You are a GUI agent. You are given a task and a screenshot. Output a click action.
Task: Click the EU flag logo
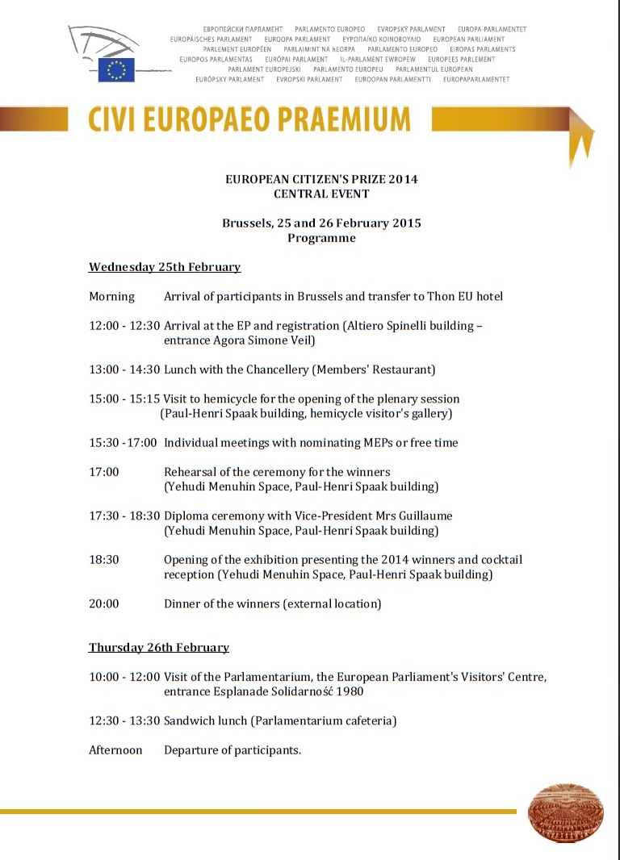pyautogui.click(x=116, y=70)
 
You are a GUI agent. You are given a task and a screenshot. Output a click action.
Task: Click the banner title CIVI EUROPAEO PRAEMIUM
pyautogui.click(x=249, y=120)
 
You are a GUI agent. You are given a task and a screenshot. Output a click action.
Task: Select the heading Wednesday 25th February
pyautogui.click(x=165, y=267)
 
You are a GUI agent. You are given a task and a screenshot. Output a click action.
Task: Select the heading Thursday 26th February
pyautogui.click(x=159, y=647)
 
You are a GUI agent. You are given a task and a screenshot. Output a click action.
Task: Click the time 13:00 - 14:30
pyautogui.click(x=124, y=369)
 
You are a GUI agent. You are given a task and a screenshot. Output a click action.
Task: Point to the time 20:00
pyautogui.click(x=104, y=603)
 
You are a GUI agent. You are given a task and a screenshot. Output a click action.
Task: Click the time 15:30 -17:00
pyautogui.click(x=123, y=442)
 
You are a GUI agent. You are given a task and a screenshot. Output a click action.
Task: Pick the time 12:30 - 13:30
pyautogui.click(x=124, y=720)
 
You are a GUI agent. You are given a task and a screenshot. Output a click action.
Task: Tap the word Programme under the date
pyautogui.click(x=321, y=238)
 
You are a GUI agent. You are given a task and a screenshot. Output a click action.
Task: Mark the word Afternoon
pyautogui.click(x=115, y=750)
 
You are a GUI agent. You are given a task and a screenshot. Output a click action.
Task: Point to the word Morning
pyautogui.click(x=111, y=296)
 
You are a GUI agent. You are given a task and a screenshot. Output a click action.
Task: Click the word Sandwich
pyautogui.click(x=191, y=720)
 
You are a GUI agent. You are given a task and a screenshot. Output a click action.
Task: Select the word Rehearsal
pyautogui.click(x=191, y=472)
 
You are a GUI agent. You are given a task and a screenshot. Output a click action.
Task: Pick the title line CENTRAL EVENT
pyautogui.click(x=321, y=194)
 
